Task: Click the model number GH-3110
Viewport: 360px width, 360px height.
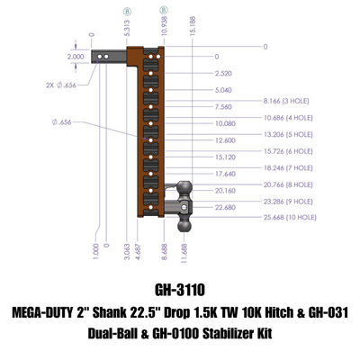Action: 180,290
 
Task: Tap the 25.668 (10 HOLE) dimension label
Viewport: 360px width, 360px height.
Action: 290,217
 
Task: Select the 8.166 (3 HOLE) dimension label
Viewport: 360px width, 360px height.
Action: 286,101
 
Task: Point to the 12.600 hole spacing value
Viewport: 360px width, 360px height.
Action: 225,140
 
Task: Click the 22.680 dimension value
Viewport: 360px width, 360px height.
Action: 225,207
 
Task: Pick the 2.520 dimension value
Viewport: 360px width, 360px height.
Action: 223,74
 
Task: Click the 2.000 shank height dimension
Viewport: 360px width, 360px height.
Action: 76,57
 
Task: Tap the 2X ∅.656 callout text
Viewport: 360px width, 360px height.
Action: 61,85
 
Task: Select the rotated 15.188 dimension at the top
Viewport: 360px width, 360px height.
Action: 193,26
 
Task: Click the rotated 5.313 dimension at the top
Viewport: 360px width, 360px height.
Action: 127,28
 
